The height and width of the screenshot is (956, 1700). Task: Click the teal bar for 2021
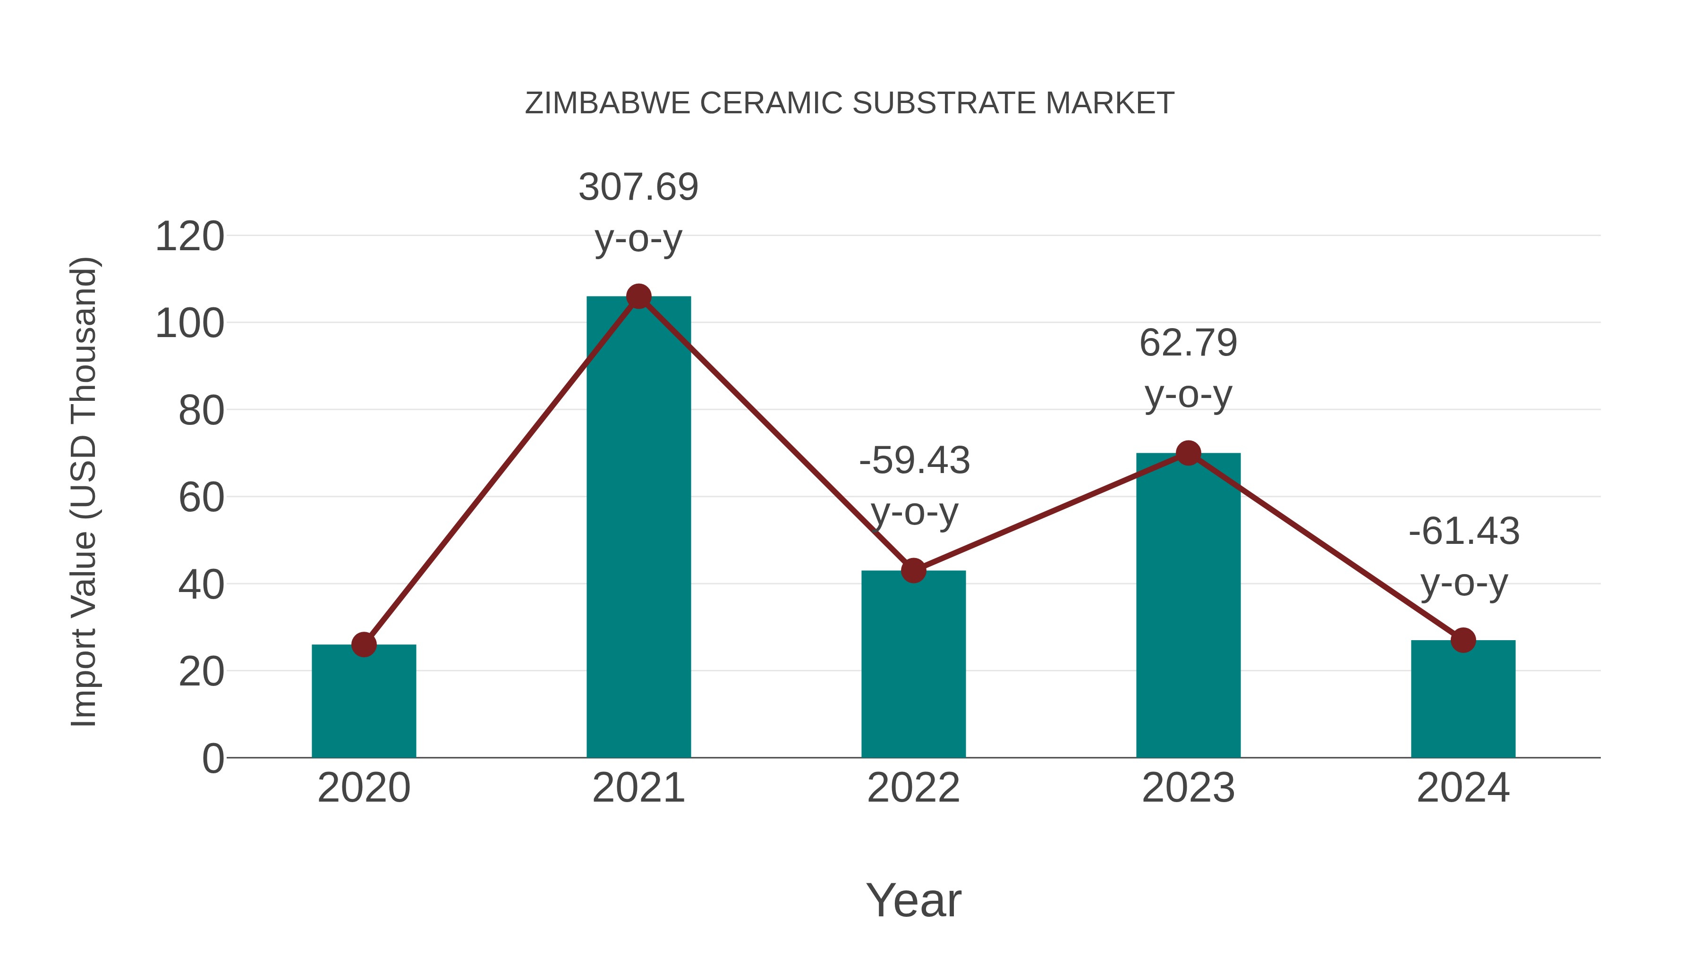click(x=638, y=528)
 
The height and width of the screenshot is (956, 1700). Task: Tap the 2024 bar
click(x=1463, y=699)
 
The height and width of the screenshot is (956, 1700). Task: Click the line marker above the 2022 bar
click(x=913, y=571)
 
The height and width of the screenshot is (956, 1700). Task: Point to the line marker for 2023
click(x=1188, y=453)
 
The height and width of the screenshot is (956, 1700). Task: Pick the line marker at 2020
click(x=364, y=644)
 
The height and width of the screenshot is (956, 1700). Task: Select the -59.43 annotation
click(x=914, y=460)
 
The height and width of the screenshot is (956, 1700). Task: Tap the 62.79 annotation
click(x=1188, y=343)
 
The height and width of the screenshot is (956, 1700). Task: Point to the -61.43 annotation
click(x=1464, y=531)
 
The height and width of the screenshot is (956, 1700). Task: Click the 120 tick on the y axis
click(x=189, y=237)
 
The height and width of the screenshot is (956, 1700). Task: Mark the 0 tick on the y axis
click(x=212, y=758)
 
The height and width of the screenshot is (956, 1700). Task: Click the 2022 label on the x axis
click(x=913, y=788)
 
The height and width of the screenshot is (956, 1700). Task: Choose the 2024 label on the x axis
click(x=1463, y=788)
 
